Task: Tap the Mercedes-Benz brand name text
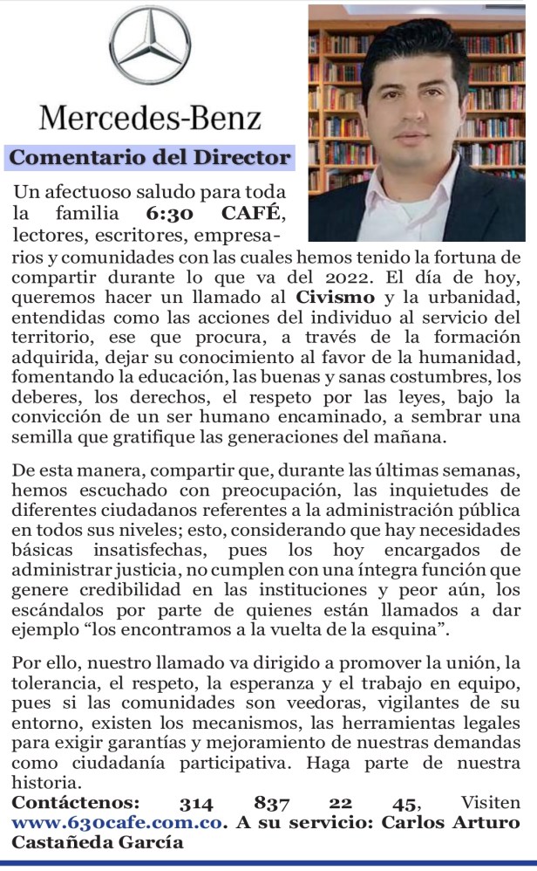[x=149, y=117]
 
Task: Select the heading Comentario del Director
[x=149, y=158]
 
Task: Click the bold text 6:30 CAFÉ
[x=214, y=213]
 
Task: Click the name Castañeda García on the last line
[x=98, y=843]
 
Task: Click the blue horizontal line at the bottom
[x=268, y=863]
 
